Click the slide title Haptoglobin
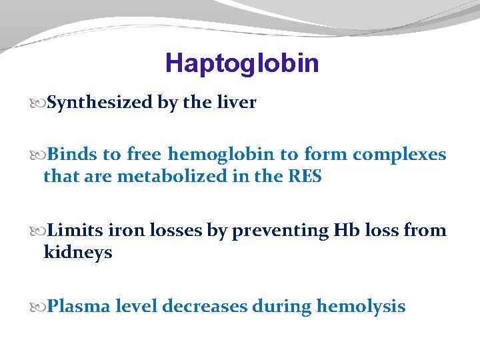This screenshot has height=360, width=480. coord(242,63)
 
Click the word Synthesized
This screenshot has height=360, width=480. coord(99,103)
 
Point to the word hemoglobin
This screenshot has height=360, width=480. coord(221,155)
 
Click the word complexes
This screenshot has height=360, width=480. coord(399,155)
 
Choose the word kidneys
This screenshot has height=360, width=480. coord(77,253)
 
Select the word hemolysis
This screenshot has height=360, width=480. coord(361,306)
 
